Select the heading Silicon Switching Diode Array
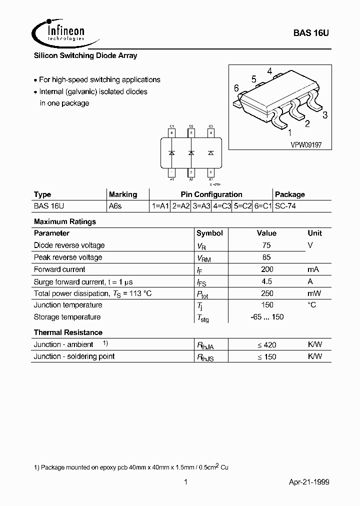coord(85,55)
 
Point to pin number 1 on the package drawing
coord(289,132)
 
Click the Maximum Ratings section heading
coord(65,221)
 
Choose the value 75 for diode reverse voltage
coord(266,245)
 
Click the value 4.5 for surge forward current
coord(266,281)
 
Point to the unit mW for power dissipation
coord(314,293)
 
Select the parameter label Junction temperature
coord(68,305)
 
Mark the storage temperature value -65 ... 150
coord(266,317)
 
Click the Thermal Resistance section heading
coord(68,332)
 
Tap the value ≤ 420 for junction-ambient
coord(266,344)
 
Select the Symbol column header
coord(209,233)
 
